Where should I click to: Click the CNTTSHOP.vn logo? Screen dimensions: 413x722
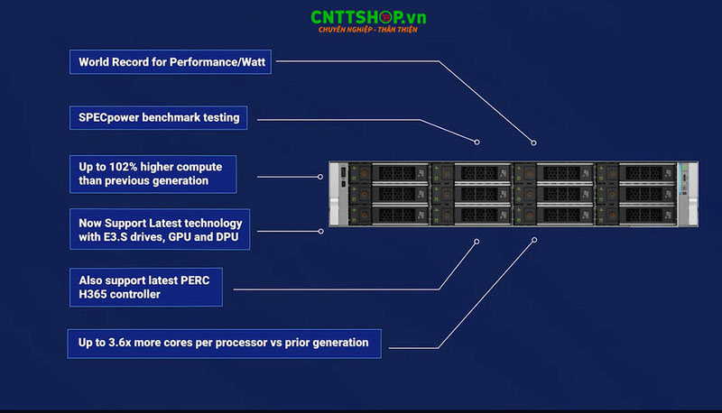[x=367, y=17]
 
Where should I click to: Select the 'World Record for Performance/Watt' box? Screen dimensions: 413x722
[x=172, y=62]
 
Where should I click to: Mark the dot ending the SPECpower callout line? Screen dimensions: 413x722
[x=477, y=142]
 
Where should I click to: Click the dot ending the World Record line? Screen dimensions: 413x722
[x=533, y=142]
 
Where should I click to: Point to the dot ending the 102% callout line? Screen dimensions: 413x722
[x=320, y=176]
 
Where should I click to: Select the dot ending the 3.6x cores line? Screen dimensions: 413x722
[x=534, y=240]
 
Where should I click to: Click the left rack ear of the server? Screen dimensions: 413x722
[x=335, y=193]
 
